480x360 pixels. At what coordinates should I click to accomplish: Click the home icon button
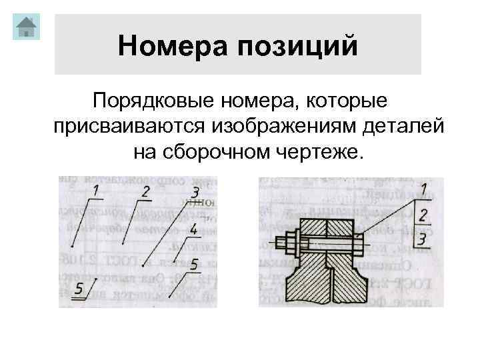pyautogui.click(x=26, y=27)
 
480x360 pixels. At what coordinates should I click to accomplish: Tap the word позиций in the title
pyautogui.click(x=299, y=46)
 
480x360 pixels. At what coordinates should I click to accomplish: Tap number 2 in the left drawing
pyautogui.click(x=145, y=192)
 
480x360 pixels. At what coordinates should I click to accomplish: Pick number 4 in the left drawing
pyautogui.click(x=193, y=231)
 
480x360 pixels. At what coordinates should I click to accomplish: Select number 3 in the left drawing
pyautogui.click(x=195, y=193)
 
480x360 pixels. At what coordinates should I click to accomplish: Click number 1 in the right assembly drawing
pyautogui.click(x=425, y=187)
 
